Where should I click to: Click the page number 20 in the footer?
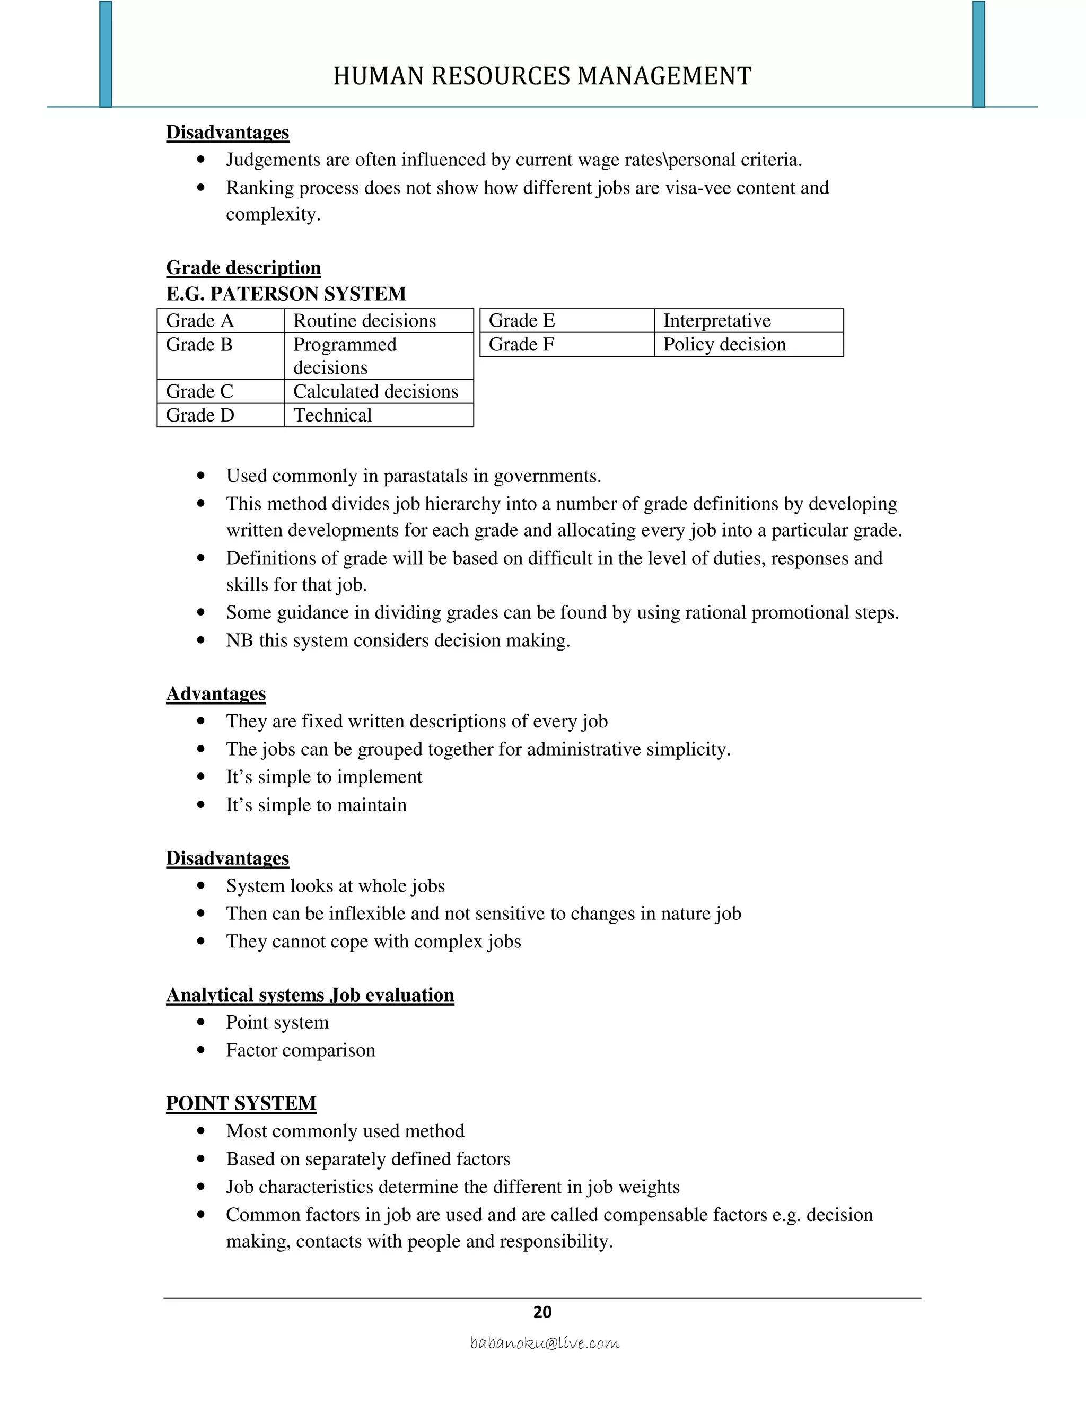coord(542,1312)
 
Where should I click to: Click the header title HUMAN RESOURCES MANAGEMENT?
coord(542,76)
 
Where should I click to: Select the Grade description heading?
coord(243,268)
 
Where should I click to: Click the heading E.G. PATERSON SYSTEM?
coord(286,294)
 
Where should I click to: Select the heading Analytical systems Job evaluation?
coord(310,995)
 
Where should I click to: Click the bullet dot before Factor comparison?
coord(202,1050)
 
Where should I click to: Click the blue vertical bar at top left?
coord(106,54)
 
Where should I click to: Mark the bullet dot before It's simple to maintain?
coord(202,805)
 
